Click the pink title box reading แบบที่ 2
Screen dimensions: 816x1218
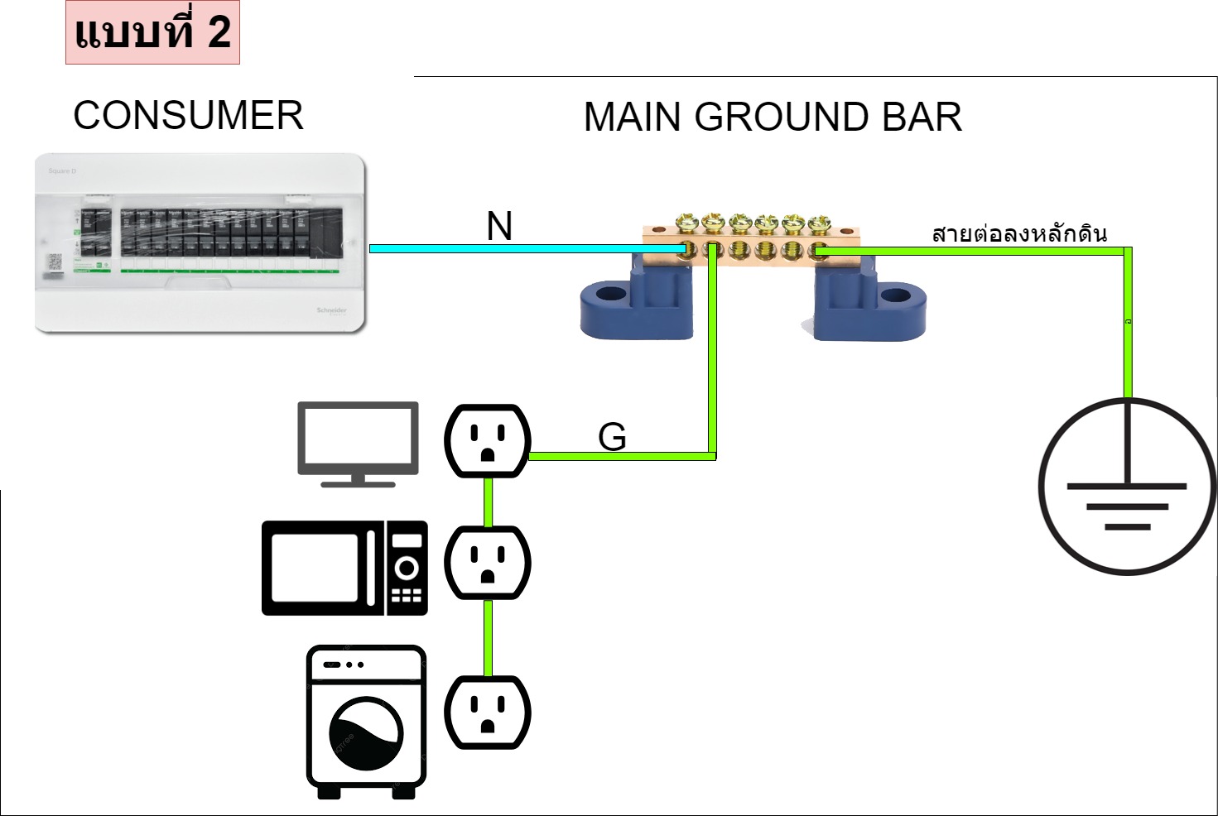coord(152,33)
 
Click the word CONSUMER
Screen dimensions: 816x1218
coord(188,116)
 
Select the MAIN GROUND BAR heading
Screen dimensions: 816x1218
coord(773,118)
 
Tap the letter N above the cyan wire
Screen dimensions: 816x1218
coord(499,226)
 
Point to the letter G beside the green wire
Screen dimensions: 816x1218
coord(612,437)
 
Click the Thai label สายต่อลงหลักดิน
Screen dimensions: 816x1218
coord(1019,234)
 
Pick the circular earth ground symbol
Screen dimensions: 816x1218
coord(1126,487)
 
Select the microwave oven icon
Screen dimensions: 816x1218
coord(344,568)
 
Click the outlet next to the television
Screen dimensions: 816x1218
coord(488,441)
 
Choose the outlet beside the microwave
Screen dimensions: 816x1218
coord(488,563)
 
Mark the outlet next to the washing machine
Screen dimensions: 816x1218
coord(488,713)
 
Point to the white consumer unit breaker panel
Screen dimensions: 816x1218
coord(200,243)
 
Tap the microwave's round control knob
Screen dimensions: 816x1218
coord(407,569)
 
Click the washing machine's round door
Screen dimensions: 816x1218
coord(365,733)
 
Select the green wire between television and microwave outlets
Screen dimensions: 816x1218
coord(489,502)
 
